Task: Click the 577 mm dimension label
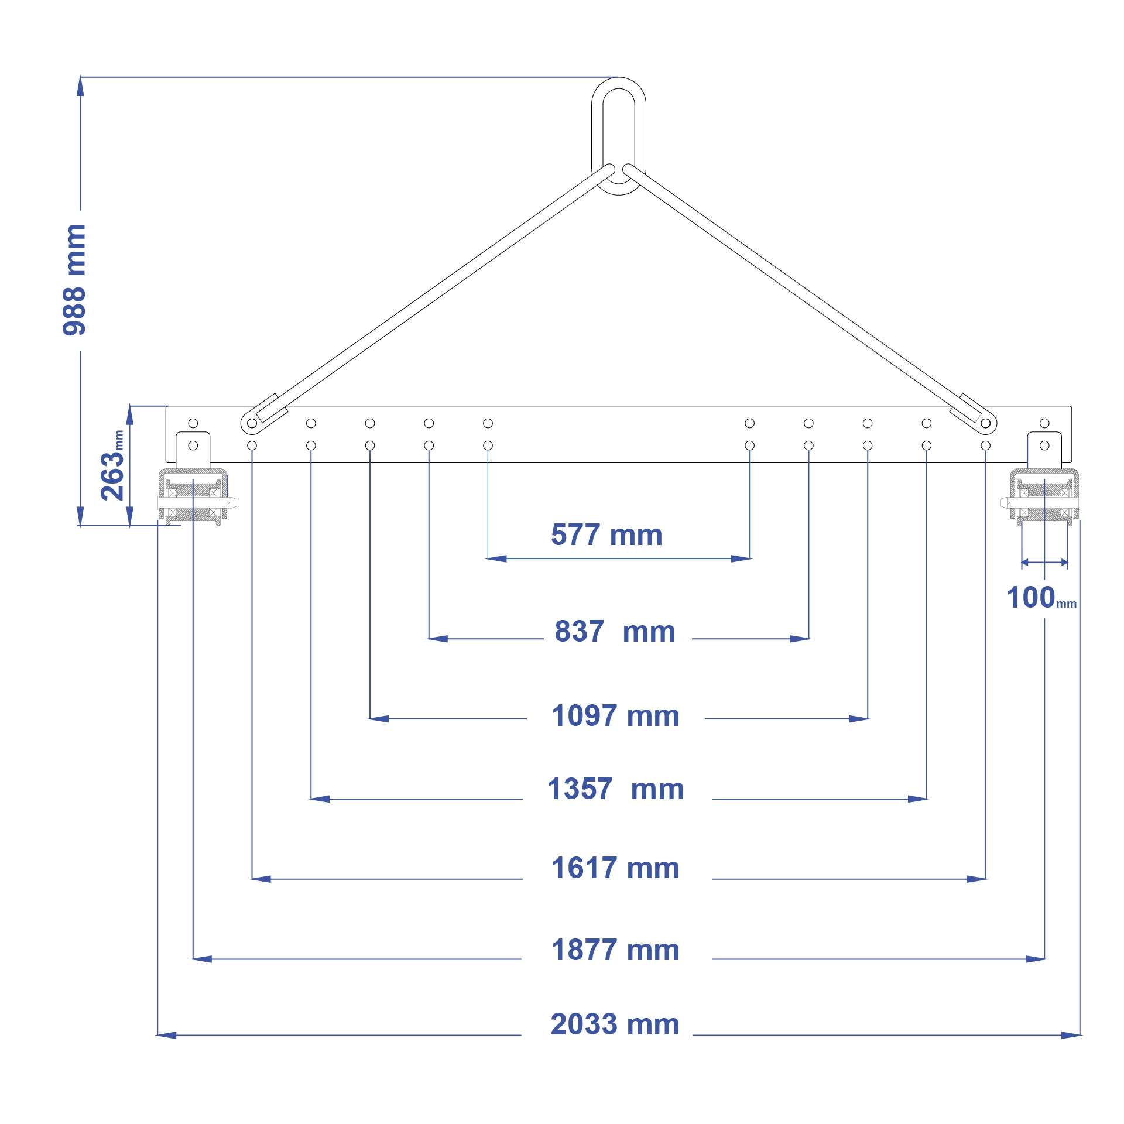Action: tap(606, 535)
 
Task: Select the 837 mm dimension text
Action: tap(615, 632)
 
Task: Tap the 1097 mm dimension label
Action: tap(615, 716)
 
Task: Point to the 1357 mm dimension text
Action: tap(615, 789)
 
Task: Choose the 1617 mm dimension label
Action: tap(615, 868)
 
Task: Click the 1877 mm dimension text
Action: tap(615, 950)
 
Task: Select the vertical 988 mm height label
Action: tap(74, 280)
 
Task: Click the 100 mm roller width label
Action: tap(1040, 598)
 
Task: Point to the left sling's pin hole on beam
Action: tap(252, 423)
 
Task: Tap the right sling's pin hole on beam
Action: tap(985, 423)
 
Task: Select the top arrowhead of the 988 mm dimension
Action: tap(80, 85)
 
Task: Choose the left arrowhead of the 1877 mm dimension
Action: tap(201, 959)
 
